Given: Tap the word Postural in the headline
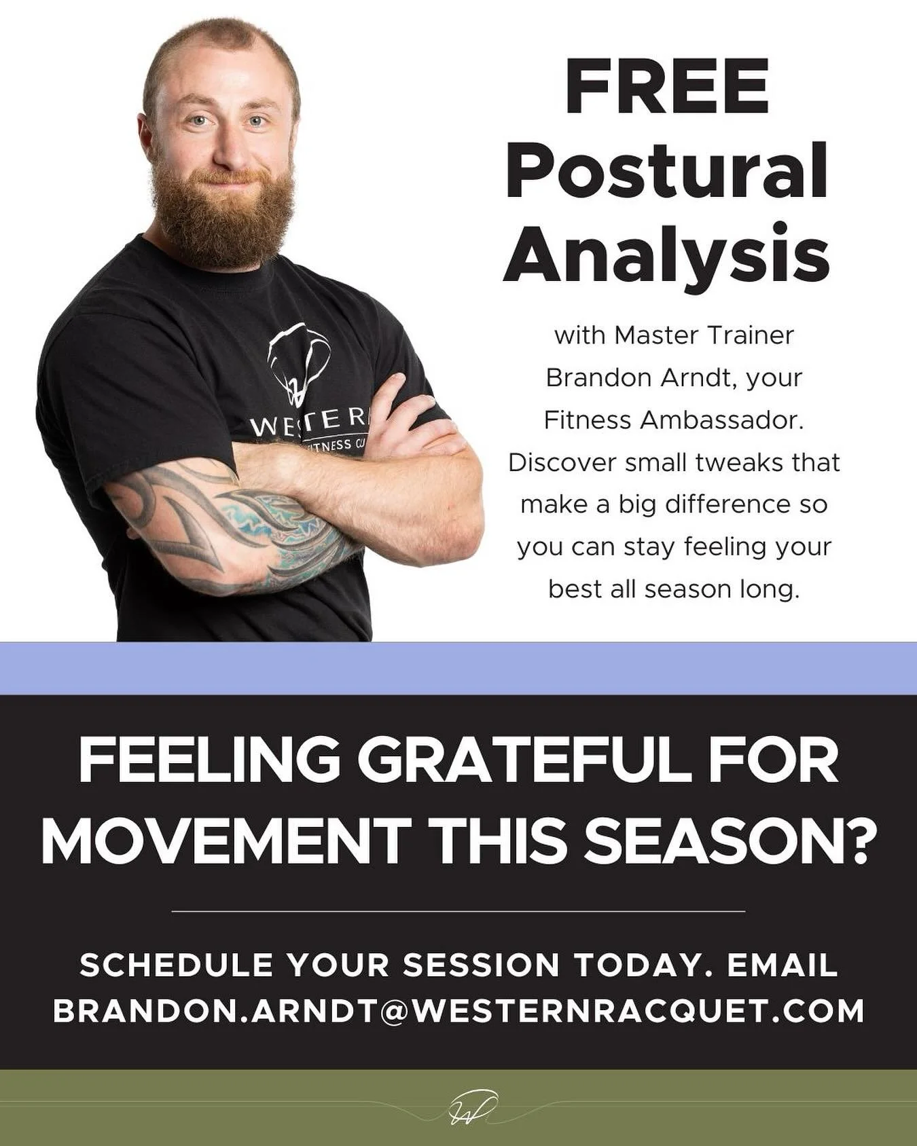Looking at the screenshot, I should (666, 170).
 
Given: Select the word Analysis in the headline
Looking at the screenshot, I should (666, 253).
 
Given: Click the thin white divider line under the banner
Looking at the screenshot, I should (458, 911).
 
